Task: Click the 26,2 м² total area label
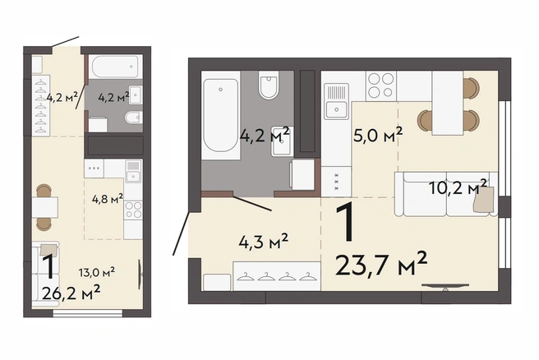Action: click(71, 293)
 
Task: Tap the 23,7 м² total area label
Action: click(381, 263)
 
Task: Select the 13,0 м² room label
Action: click(97, 272)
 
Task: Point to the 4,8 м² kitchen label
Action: click(108, 198)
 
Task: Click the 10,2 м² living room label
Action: click(458, 187)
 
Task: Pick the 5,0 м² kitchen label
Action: click(378, 135)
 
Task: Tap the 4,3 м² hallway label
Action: click(263, 242)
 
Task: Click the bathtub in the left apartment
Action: click(116, 67)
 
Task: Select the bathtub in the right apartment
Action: click(220, 115)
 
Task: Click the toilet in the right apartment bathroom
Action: click(269, 85)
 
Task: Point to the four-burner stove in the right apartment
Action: click(381, 85)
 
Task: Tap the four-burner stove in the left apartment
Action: click(133, 210)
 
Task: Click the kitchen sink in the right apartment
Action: click(336, 101)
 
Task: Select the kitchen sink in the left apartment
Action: click(132, 171)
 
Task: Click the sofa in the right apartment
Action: click(446, 194)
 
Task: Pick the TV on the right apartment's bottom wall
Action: click(445, 286)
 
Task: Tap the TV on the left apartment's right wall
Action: click(141, 274)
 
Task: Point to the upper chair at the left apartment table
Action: click(44, 191)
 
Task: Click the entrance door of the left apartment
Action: click(65, 41)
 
